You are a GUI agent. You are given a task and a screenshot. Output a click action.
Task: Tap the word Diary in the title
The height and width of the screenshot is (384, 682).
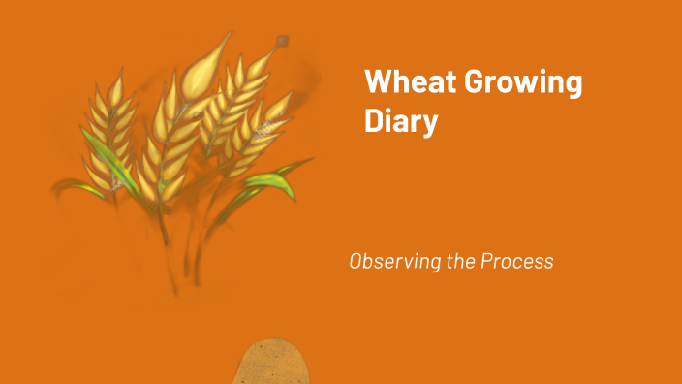coord(401,122)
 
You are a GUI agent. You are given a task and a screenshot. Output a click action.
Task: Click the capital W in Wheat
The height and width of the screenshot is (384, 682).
coord(379,82)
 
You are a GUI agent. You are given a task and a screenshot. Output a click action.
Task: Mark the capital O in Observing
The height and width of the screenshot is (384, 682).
coord(356,262)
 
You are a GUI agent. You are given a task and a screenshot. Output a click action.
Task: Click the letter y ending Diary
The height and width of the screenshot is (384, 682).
coord(429,125)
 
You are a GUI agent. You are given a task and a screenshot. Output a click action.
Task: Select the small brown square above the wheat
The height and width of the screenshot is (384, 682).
coord(282,41)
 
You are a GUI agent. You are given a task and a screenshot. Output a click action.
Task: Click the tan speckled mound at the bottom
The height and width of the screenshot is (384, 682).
coord(273,363)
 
